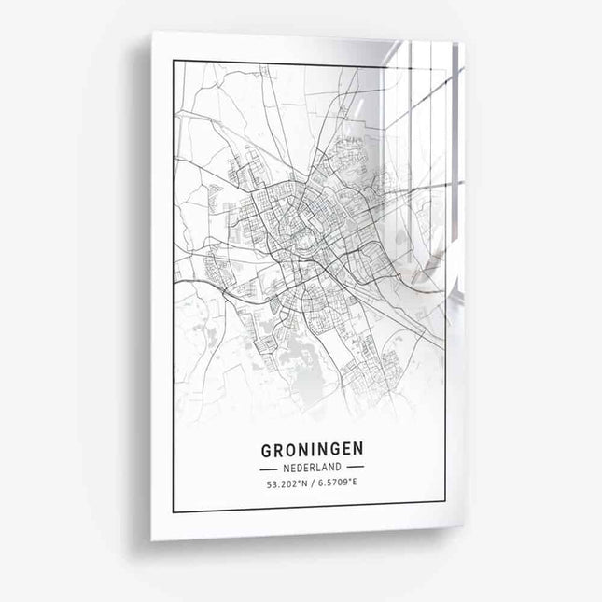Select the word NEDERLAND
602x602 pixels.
pos(314,466)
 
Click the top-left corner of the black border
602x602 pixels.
pos(174,62)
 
